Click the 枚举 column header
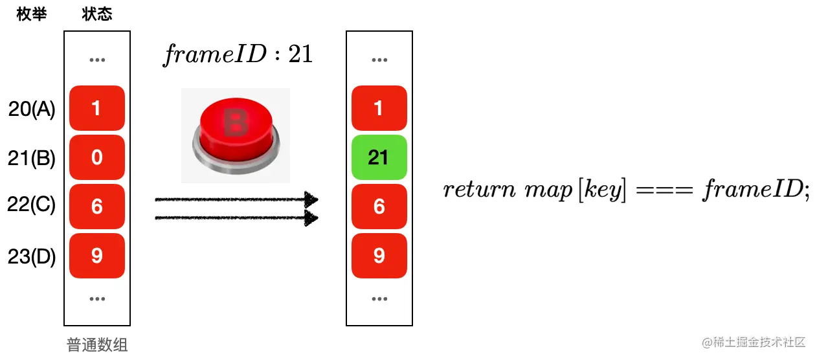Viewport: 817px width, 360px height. (31, 14)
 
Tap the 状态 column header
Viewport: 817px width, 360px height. (97, 14)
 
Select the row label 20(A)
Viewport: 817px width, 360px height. (32, 109)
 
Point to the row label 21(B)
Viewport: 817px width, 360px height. (32, 158)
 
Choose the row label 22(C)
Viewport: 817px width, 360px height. (32, 206)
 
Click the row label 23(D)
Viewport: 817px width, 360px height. (32, 256)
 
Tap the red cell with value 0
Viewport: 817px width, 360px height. (97, 157)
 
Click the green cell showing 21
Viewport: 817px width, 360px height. (379, 157)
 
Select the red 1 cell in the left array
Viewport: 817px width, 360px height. (97, 108)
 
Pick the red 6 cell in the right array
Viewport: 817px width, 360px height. (379, 207)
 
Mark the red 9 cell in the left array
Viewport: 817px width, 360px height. (97, 256)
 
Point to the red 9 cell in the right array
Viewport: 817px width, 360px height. (379, 256)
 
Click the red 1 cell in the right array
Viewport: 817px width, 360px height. (379, 108)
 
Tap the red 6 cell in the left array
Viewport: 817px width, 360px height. (97, 207)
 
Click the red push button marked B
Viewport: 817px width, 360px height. (235, 135)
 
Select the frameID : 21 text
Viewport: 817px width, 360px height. (238, 54)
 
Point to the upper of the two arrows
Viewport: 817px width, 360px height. (237, 199)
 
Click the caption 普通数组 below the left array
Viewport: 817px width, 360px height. (97, 344)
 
